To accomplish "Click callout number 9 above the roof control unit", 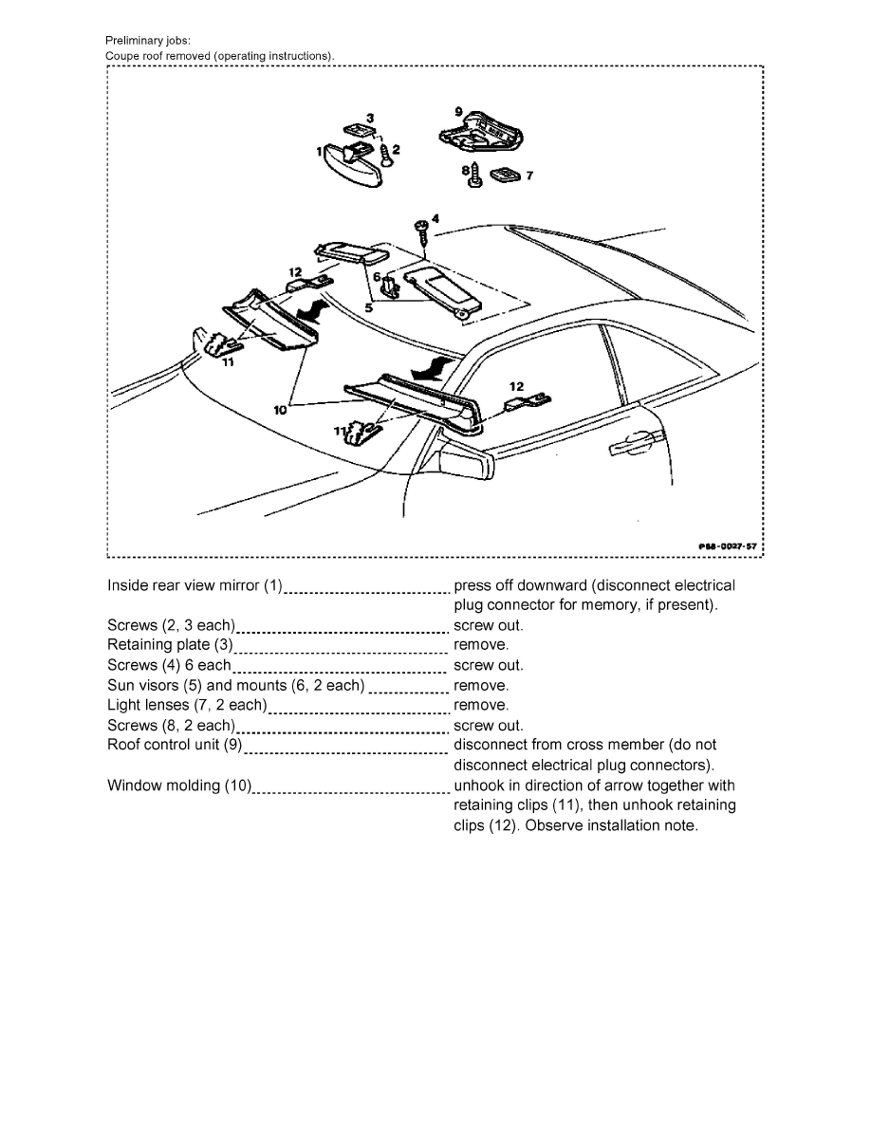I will pos(458,112).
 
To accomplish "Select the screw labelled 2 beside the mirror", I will pos(386,153).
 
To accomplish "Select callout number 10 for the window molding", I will pos(282,410).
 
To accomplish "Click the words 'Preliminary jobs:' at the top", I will pos(147,41).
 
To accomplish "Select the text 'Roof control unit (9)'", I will pos(176,745).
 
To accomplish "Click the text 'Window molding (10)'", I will pos(179,785).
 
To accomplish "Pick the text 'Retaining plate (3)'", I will pos(170,645).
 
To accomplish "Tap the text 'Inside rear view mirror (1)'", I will pos(195,585).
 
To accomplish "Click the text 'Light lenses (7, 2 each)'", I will pos(187,705).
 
